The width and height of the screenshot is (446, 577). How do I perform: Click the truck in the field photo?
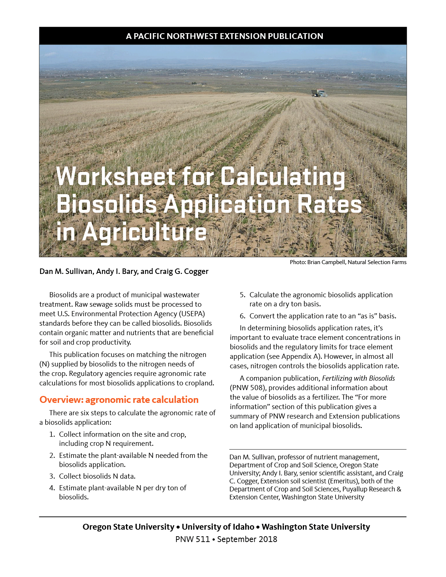coord(319,93)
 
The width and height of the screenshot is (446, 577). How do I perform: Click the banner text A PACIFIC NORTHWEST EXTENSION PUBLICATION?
coord(224,36)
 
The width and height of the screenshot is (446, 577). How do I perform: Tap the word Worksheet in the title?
coord(116,177)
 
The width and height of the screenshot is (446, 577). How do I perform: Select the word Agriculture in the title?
coord(144,232)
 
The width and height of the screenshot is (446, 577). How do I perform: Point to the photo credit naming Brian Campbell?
coord(348,262)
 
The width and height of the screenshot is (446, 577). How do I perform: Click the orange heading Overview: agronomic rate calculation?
coord(119,400)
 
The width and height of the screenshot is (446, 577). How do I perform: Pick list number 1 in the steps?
coord(52,435)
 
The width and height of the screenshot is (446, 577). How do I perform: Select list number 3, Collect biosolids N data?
coord(52,476)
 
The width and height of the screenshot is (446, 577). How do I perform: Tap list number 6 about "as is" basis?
coord(243,316)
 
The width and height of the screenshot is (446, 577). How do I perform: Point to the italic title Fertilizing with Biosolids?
coord(358,378)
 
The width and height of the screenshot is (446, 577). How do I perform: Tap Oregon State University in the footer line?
coord(128,527)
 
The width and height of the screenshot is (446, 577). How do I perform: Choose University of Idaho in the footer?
coord(218,527)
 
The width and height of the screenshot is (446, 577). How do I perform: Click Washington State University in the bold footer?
coord(316,527)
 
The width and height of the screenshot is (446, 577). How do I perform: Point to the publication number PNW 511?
coord(192,539)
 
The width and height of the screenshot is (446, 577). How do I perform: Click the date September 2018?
coord(247,539)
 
